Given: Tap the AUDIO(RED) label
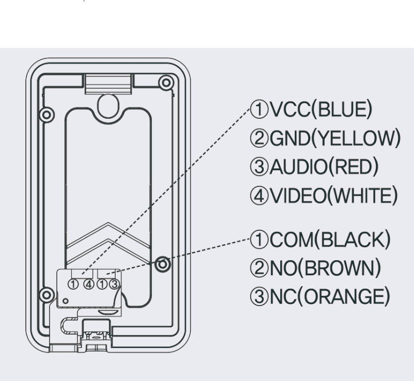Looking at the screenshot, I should coord(321,167).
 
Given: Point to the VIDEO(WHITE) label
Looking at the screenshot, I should coord(325,196).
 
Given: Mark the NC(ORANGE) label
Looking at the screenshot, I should coord(326,296).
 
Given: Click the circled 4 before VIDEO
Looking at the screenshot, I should coord(257,196).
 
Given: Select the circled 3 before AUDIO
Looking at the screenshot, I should coord(257,167).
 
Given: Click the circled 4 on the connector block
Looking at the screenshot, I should coord(89,283).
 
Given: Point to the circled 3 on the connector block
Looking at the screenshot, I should coord(114,283).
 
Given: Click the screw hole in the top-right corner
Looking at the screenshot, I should coord(166,82).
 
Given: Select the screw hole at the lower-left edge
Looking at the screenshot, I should coord(46,295).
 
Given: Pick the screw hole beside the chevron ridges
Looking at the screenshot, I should coord(163,264).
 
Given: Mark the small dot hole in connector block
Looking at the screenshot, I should coord(65,300).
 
